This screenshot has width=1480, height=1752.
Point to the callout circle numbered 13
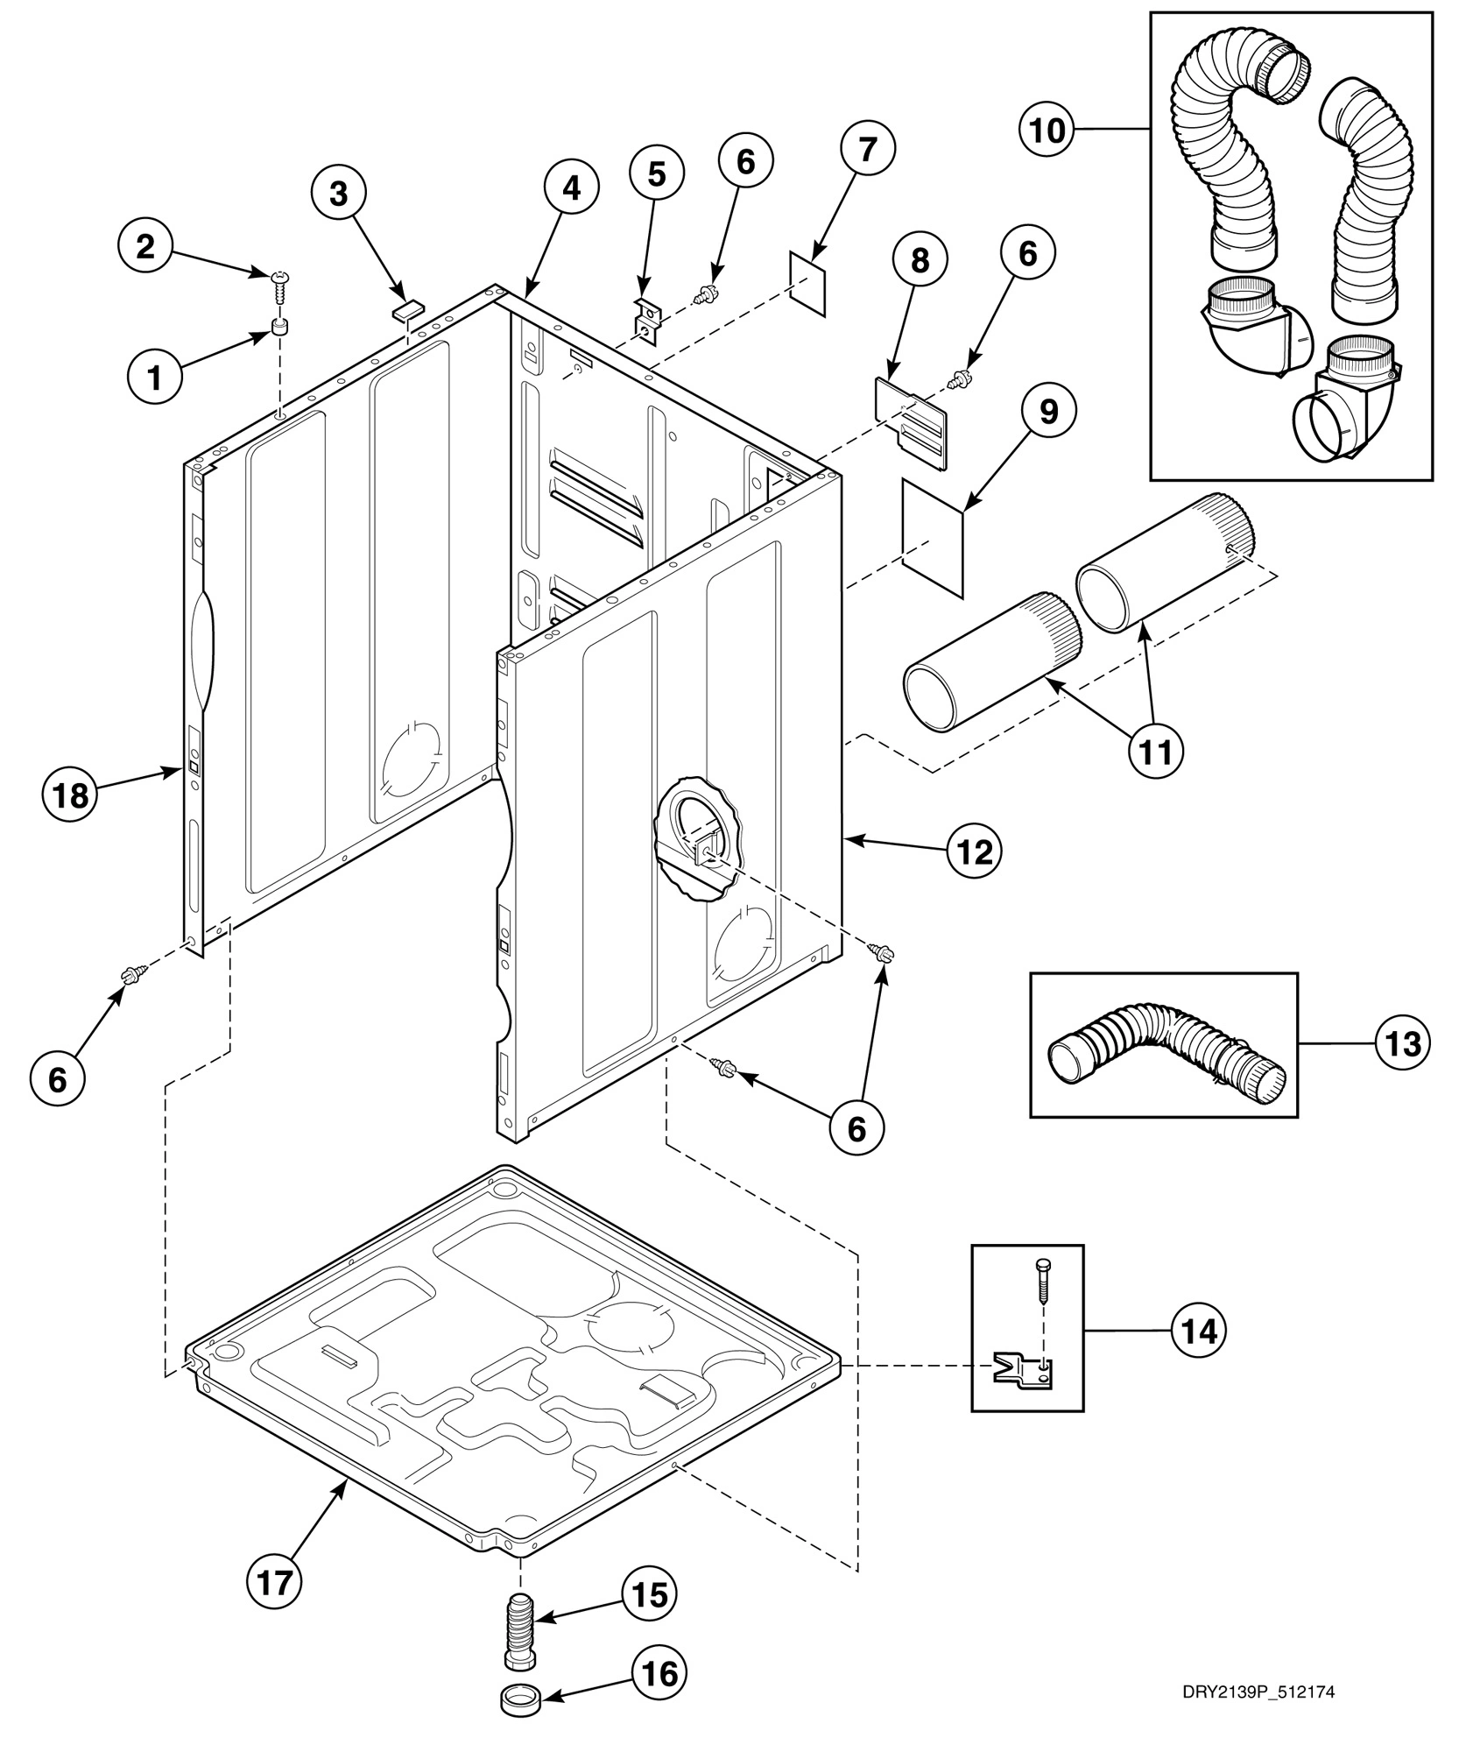click(1402, 1044)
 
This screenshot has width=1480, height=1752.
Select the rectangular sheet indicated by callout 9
click(934, 538)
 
